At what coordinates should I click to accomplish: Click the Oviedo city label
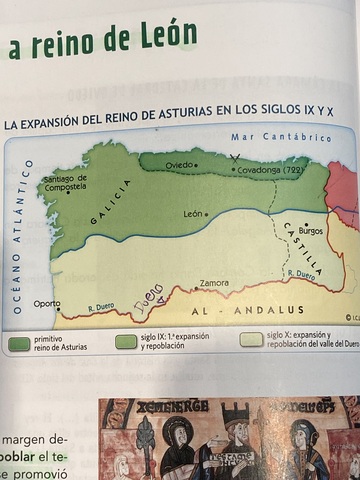click(180, 164)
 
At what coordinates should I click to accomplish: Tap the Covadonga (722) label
click(268, 171)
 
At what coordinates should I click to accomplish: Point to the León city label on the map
click(192, 213)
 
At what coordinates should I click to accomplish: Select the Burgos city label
click(311, 231)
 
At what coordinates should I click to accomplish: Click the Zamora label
click(214, 283)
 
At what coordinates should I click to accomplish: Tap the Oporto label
click(46, 303)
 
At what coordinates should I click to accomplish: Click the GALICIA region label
click(110, 202)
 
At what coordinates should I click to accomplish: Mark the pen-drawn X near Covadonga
click(235, 158)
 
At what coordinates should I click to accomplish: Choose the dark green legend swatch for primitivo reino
click(18, 343)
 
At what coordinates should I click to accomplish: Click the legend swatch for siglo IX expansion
click(126, 342)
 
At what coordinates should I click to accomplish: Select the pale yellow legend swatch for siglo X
click(252, 340)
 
